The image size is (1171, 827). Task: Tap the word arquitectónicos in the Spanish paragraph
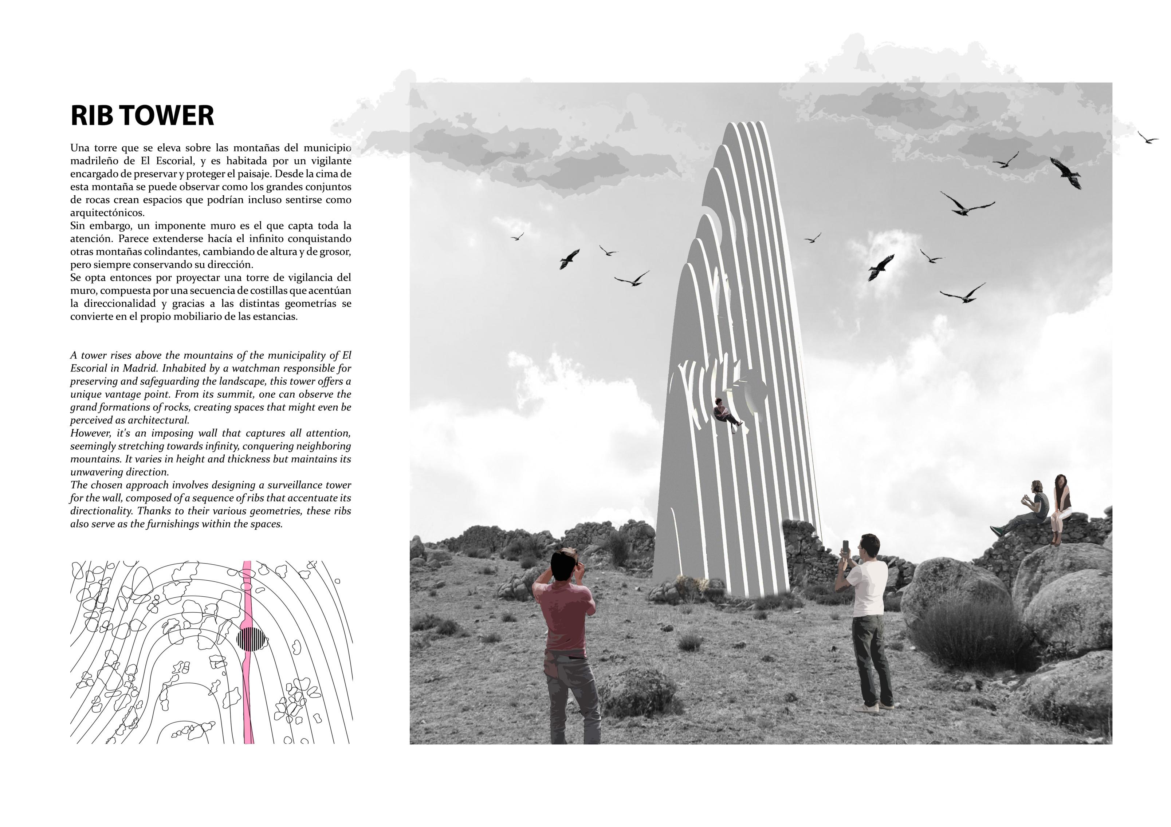(x=107, y=213)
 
